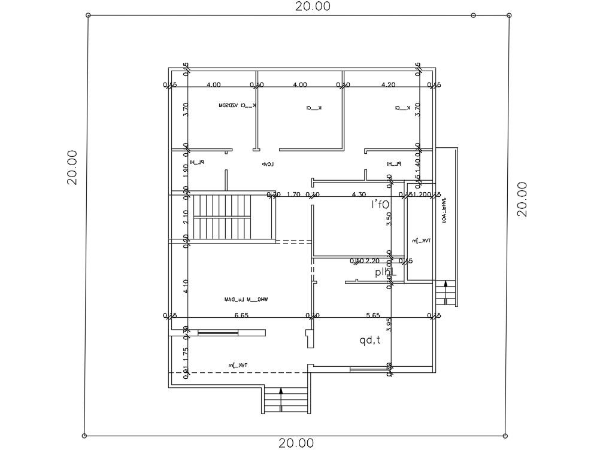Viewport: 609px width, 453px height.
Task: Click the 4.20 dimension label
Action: [388, 85]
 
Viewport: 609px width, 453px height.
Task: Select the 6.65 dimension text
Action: [241, 315]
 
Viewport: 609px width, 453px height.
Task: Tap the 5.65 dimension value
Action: [373, 315]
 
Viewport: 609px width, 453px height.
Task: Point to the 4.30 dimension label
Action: [359, 194]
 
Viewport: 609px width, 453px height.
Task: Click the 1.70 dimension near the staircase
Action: [293, 194]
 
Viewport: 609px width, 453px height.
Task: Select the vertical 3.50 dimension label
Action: [389, 218]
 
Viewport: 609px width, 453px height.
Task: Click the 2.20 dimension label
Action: [372, 261]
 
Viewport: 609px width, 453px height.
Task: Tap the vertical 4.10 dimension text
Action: [186, 287]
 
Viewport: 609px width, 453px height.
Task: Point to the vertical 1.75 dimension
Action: [186, 352]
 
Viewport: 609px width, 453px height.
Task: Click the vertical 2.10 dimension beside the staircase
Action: [186, 217]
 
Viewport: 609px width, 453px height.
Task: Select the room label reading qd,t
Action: [370, 340]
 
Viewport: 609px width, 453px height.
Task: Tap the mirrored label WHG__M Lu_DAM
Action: [246, 299]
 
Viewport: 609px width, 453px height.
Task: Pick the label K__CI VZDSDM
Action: [238, 106]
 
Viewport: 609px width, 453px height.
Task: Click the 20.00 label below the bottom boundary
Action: [296, 443]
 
